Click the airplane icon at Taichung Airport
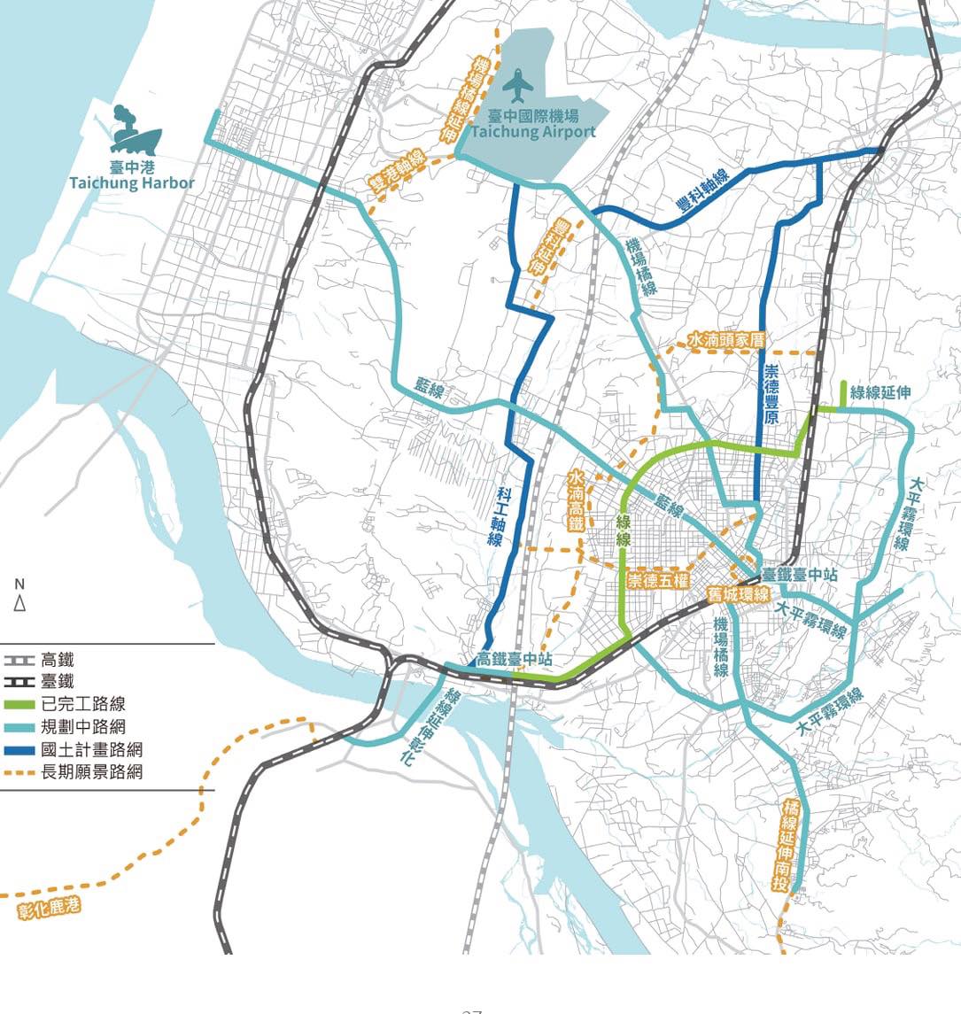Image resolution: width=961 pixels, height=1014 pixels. (x=518, y=86)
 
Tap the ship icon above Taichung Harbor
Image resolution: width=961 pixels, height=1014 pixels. (x=136, y=131)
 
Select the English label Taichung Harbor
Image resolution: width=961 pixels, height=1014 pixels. (x=132, y=183)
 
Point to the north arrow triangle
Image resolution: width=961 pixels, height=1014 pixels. (x=19, y=605)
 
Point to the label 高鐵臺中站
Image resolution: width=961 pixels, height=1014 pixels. (x=514, y=659)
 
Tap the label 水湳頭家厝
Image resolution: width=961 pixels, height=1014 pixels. (x=725, y=339)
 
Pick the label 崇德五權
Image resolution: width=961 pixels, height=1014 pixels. (x=657, y=581)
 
